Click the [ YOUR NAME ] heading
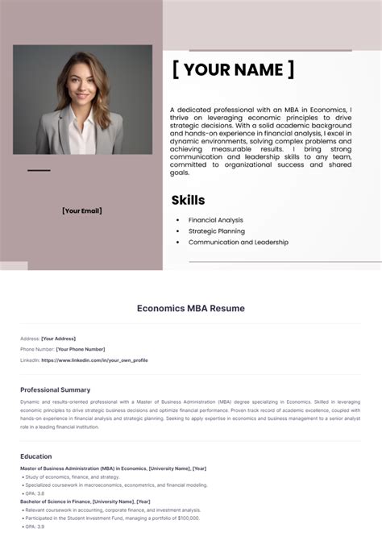[233, 70]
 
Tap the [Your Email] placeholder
[81, 211]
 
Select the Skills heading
[188, 200]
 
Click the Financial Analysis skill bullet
[215, 220]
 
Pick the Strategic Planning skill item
[215, 231]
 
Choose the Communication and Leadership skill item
[238, 243]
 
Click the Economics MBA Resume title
[190, 308]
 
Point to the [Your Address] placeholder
[58, 339]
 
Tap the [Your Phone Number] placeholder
[80, 349]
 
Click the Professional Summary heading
[55, 390]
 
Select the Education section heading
[36, 456]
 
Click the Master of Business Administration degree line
[113, 468]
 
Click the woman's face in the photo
[83, 85]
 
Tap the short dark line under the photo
[39, 170]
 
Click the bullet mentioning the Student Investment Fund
[113, 518]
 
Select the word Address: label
[30, 339]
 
